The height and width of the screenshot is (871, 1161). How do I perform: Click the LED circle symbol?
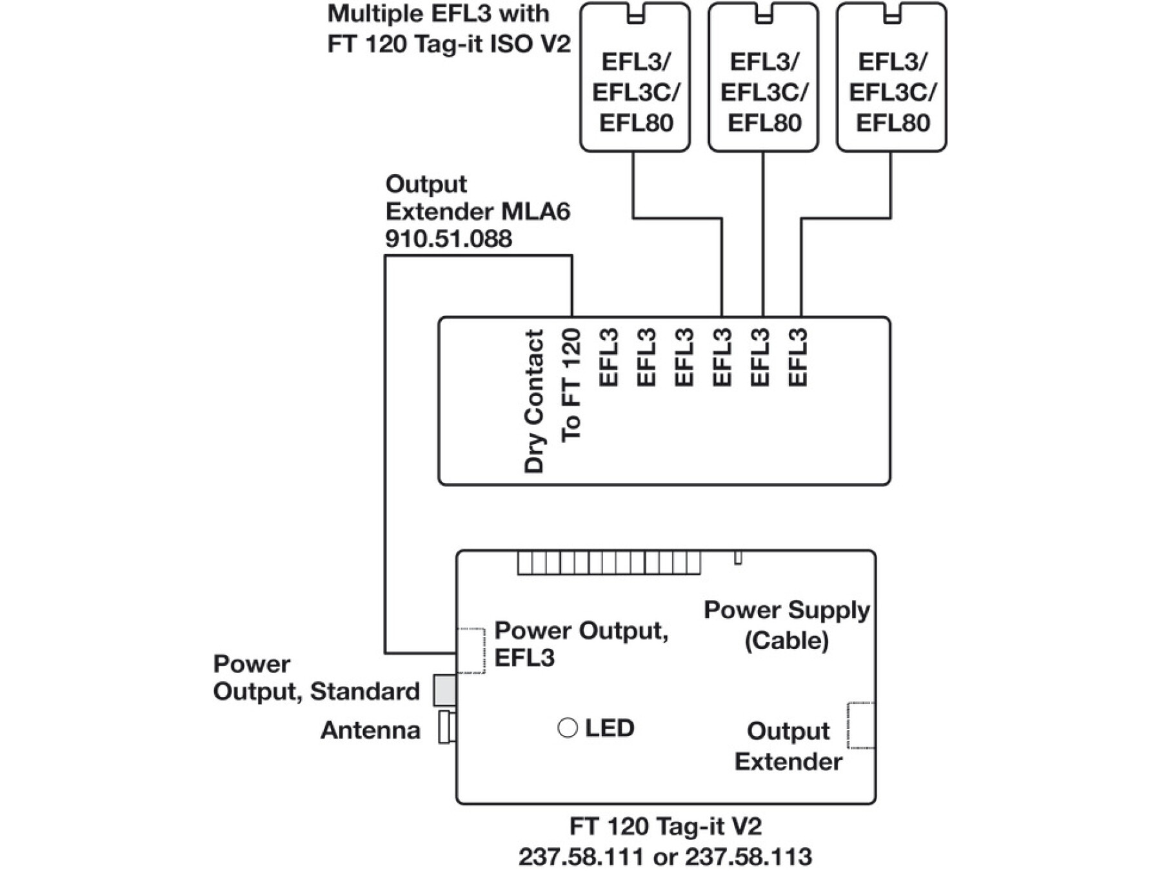(567, 728)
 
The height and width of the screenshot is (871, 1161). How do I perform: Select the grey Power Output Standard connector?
(444, 690)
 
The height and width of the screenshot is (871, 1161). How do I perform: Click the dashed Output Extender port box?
(860, 726)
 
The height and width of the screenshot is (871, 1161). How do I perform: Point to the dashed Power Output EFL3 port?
(471, 650)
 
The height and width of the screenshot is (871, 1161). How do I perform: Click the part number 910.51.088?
(448, 239)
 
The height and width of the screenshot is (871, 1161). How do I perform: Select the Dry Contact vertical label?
(535, 401)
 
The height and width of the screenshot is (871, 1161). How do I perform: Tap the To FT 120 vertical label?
(571, 386)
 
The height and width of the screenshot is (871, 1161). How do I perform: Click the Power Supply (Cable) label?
(786, 625)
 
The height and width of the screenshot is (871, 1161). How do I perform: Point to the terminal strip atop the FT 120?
(608, 563)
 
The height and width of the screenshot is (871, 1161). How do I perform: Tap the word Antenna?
(370, 730)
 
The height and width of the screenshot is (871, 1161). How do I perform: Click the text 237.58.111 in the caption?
(580, 857)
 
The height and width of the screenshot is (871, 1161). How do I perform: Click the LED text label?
(610, 728)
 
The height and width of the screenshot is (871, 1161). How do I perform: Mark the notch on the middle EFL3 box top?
(764, 14)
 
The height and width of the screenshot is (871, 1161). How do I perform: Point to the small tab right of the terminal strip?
(738, 558)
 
